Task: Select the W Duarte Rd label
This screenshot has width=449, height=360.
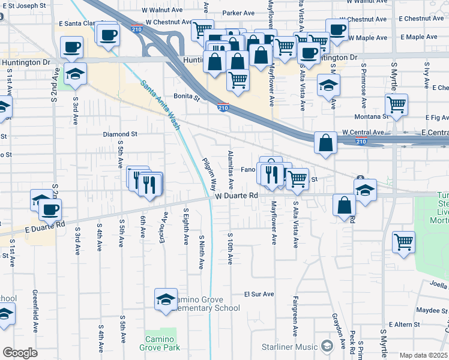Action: pos(237,196)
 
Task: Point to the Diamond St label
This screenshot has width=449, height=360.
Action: pos(120,134)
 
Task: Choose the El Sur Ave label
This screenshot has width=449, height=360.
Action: pos(259,295)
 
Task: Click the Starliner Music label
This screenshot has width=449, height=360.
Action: pos(290,347)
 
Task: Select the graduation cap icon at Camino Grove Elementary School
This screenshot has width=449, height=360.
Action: pos(166,299)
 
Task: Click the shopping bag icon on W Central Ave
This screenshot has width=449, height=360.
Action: pos(325,143)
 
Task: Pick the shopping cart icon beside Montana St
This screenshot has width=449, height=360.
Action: pos(396,104)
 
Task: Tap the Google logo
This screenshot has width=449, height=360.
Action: pos(20,352)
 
